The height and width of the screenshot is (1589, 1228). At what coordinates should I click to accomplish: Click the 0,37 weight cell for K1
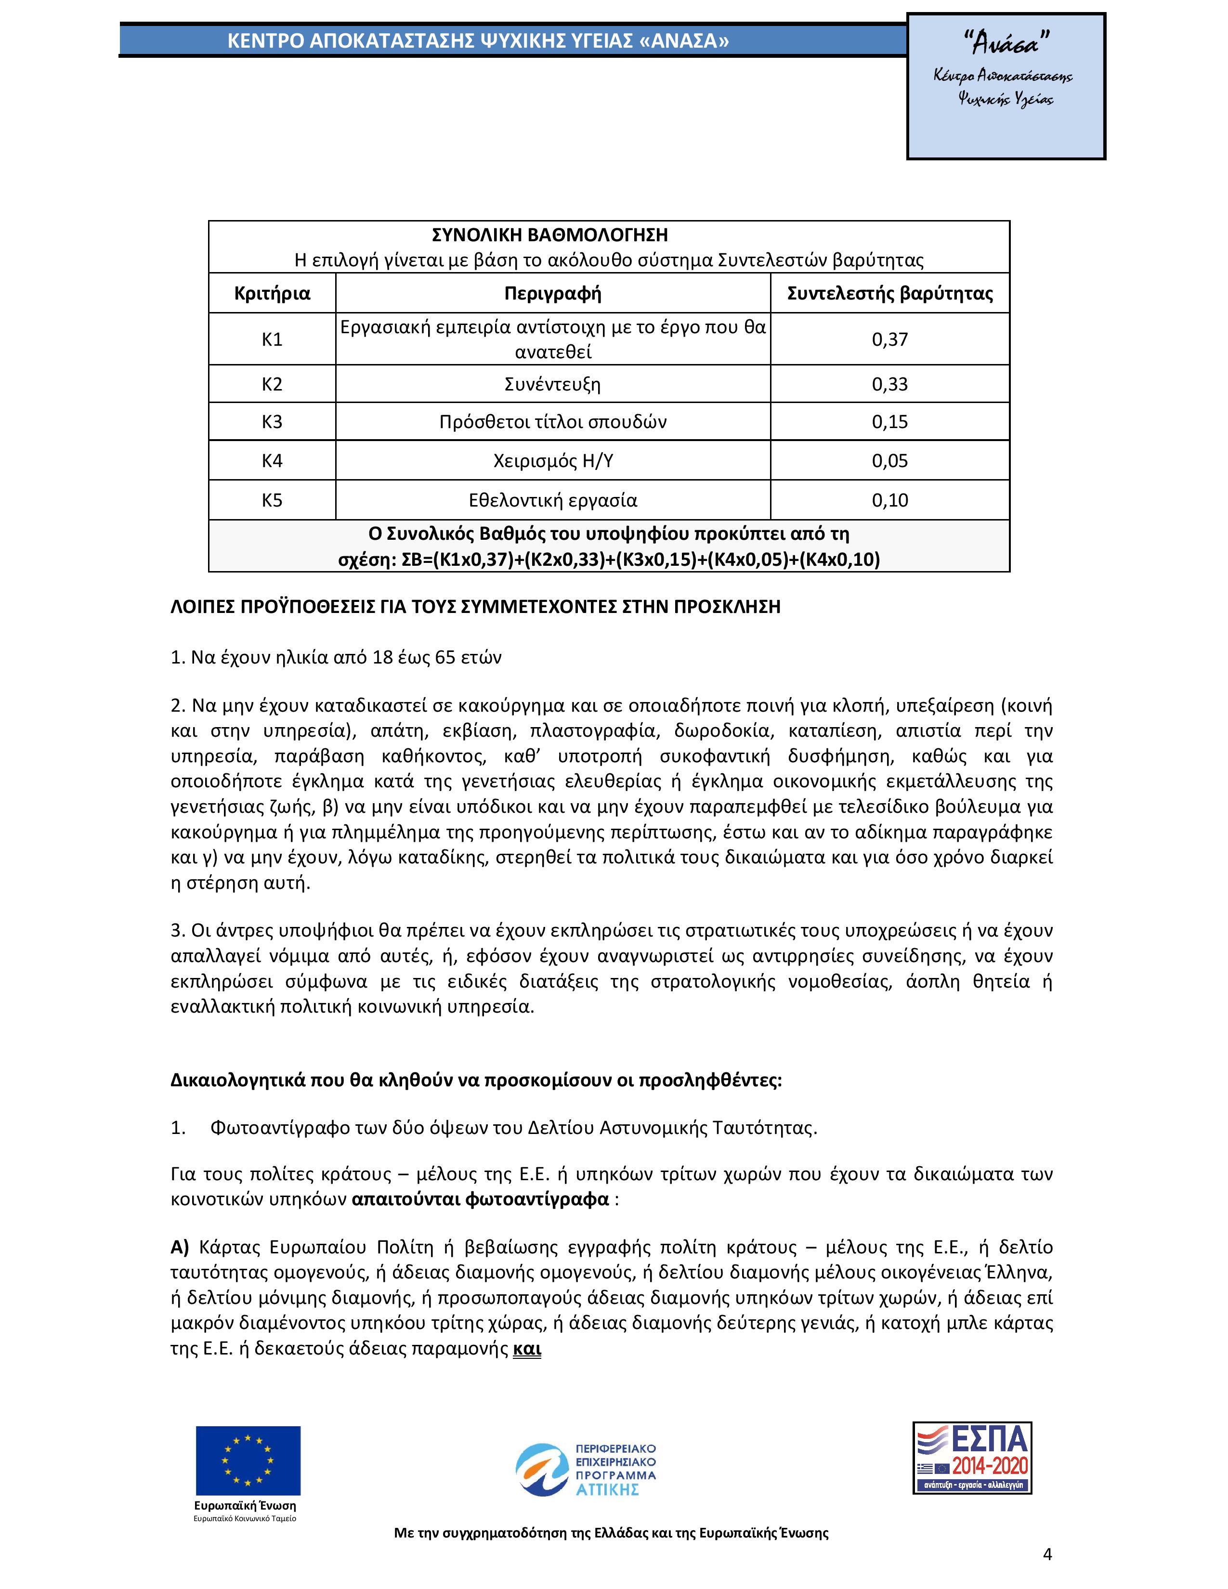click(890, 339)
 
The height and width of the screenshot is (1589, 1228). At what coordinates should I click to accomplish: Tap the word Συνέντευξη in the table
click(552, 384)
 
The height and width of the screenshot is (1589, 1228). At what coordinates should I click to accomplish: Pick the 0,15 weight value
click(890, 422)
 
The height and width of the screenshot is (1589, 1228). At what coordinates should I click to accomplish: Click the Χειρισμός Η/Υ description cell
click(552, 460)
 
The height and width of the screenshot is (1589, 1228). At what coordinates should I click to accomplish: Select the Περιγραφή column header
click(552, 293)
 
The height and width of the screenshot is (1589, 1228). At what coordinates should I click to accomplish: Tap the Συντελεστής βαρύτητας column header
click(890, 293)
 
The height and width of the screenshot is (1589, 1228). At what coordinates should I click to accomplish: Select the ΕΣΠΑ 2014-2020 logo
click(972, 1458)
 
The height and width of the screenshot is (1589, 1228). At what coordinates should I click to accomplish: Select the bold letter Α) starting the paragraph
click(179, 1247)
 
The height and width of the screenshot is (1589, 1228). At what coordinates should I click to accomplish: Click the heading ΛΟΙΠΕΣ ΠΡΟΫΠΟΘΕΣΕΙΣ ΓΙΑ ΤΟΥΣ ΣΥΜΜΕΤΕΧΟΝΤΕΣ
click(475, 607)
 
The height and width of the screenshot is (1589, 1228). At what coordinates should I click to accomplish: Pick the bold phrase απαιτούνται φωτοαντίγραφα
click(480, 1198)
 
